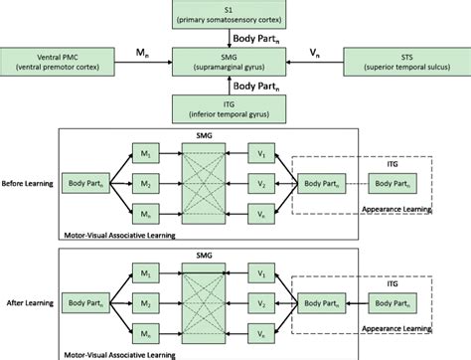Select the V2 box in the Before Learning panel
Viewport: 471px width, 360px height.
[260, 185]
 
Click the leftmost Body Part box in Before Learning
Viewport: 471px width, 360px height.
[87, 185]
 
